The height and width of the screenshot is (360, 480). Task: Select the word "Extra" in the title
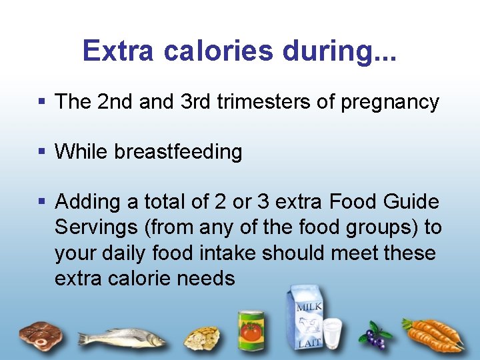[x=116, y=51]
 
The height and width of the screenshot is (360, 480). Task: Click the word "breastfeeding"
[x=178, y=152]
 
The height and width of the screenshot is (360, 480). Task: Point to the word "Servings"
[x=95, y=227]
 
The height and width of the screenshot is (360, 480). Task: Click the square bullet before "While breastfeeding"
[x=42, y=151]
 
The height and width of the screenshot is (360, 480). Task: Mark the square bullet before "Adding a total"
[x=42, y=201]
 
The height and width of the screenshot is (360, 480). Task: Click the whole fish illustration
[x=123, y=337]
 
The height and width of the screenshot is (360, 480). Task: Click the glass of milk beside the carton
[x=331, y=333]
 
